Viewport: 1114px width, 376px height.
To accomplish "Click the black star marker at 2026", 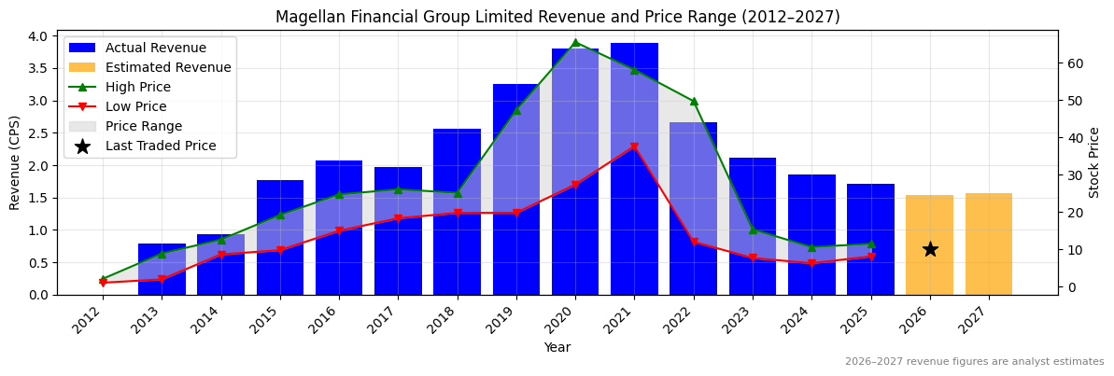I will click(x=930, y=249).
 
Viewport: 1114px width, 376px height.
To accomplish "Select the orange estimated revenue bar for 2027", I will click(x=989, y=244).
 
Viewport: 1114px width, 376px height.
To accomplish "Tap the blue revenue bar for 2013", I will click(x=162, y=270).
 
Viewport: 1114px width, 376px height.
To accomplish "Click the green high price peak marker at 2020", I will click(x=575, y=42).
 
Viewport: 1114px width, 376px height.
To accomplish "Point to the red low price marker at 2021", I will click(x=634, y=146).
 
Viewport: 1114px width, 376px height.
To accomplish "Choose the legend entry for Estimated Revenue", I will click(x=168, y=67).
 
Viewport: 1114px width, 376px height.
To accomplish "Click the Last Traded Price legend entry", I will click(x=161, y=146).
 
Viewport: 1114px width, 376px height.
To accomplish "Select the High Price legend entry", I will click(x=138, y=87).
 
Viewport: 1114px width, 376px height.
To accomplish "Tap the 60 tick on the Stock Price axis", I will click(x=1073, y=63).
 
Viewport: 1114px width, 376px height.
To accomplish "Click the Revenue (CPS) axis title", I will click(x=15, y=162).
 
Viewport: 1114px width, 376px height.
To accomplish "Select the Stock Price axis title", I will click(x=1094, y=162).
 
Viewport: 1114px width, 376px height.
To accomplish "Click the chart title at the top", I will click(x=557, y=17).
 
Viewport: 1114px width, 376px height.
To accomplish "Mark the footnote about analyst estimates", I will click(x=974, y=362).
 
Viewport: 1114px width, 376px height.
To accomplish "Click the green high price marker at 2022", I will click(x=694, y=101).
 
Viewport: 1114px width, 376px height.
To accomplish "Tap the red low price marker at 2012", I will click(x=103, y=283).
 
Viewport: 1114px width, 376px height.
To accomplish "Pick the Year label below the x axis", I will click(x=557, y=347).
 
